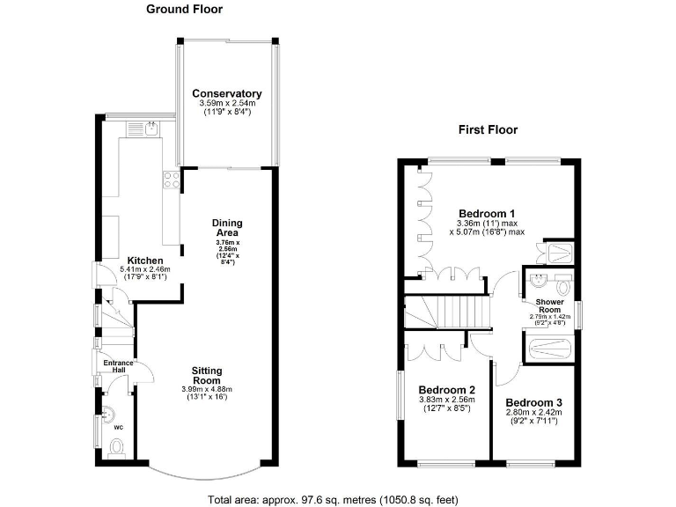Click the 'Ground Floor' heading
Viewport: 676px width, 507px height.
[x=184, y=10]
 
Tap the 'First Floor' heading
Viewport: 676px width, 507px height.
[x=488, y=129]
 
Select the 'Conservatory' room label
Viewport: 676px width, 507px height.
[x=227, y=93]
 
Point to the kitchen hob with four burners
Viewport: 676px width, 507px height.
[x=166, y=181]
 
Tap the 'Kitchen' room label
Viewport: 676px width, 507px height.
[x=145, y=261]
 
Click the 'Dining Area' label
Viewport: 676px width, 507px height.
[x=227, y=228]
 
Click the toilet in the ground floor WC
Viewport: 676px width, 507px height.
[x=116, y=448]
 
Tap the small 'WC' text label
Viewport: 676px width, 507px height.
[x=118, y=427]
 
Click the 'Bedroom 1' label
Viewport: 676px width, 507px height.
[x=487, y=214]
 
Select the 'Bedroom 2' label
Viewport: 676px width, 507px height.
[x=447, y=390]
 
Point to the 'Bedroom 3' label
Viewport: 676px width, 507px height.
[x=533, y=402]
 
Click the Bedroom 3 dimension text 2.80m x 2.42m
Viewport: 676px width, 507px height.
[x=533, y=412]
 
